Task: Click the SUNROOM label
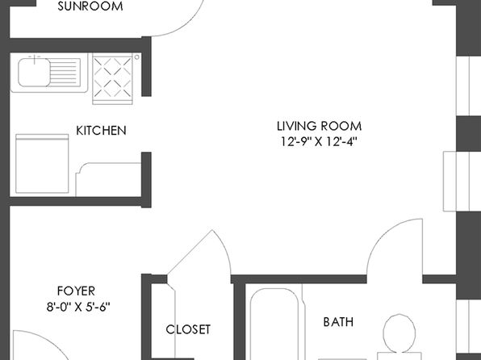(x=90, y=6)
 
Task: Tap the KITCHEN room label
(x=101, y=131)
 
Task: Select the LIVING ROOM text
(x=319, y=126)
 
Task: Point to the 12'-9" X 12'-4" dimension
(x=319, y=141)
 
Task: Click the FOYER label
(x=76, y=291)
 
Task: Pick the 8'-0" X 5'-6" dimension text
(x=78, y=306)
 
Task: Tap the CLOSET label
(x=188, y=329)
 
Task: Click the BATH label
(x=338, y=321)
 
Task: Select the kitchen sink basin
(x=34, y=73)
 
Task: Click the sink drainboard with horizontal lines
(x=65, y=73)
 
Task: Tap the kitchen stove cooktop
(x=112, y=77)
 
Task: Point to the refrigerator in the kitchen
(x=42, y=164)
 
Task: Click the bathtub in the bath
(x=274, y=324)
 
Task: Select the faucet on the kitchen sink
(x=35, y=59)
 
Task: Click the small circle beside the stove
(x=137, y=57)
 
